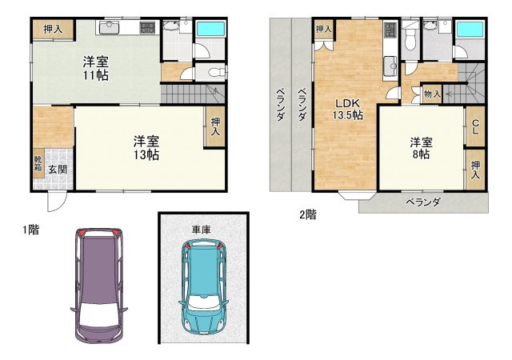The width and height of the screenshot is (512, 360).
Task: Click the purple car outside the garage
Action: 99,286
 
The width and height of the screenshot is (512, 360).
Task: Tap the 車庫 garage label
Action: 201,230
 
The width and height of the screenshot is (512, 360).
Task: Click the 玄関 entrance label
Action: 58,170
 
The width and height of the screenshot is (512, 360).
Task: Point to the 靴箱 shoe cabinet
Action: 38,163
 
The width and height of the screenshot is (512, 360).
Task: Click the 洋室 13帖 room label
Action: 146,148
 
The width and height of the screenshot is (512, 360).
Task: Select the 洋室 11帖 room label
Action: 95,68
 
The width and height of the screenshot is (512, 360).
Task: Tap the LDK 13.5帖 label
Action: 348,109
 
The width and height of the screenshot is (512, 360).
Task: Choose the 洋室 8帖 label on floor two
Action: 421,148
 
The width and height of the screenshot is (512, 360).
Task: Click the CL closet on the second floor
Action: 475,126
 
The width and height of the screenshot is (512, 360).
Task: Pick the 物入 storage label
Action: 432,94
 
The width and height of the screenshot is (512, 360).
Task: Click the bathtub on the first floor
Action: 210,29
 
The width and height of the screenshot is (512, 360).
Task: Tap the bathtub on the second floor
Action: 470,30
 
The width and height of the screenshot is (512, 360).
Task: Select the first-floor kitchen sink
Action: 109,27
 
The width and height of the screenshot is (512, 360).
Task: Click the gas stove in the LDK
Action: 390,30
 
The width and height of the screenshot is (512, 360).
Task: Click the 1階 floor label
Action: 30,230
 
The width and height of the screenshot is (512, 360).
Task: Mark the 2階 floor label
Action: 308,214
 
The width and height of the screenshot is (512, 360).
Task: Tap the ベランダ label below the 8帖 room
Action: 423,202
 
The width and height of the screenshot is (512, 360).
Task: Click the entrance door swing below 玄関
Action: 56,202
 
